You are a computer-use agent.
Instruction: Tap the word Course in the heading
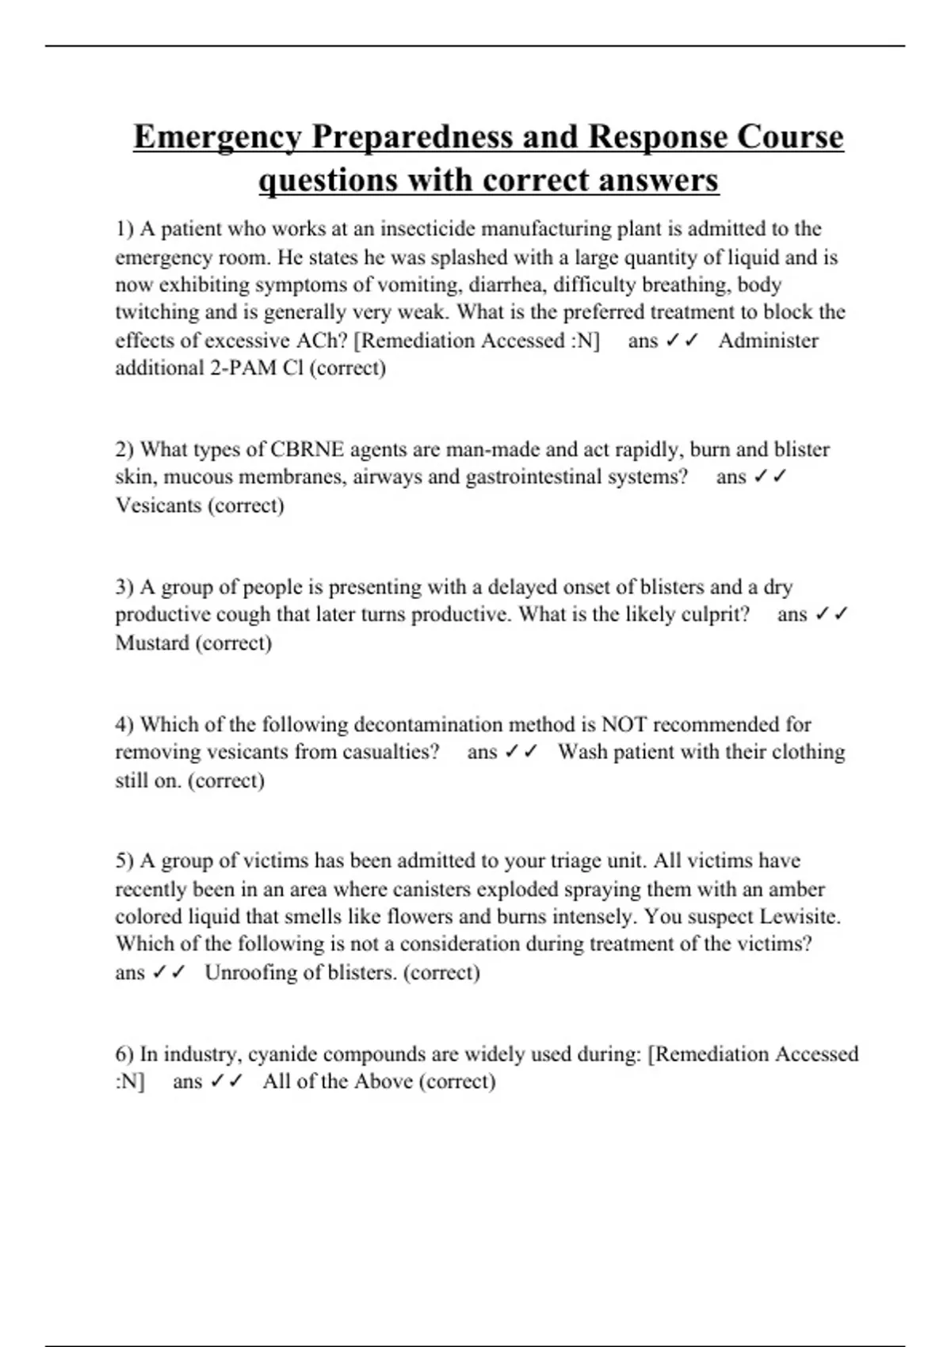pos(789,136)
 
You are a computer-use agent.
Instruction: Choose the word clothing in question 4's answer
pos(808,752)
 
